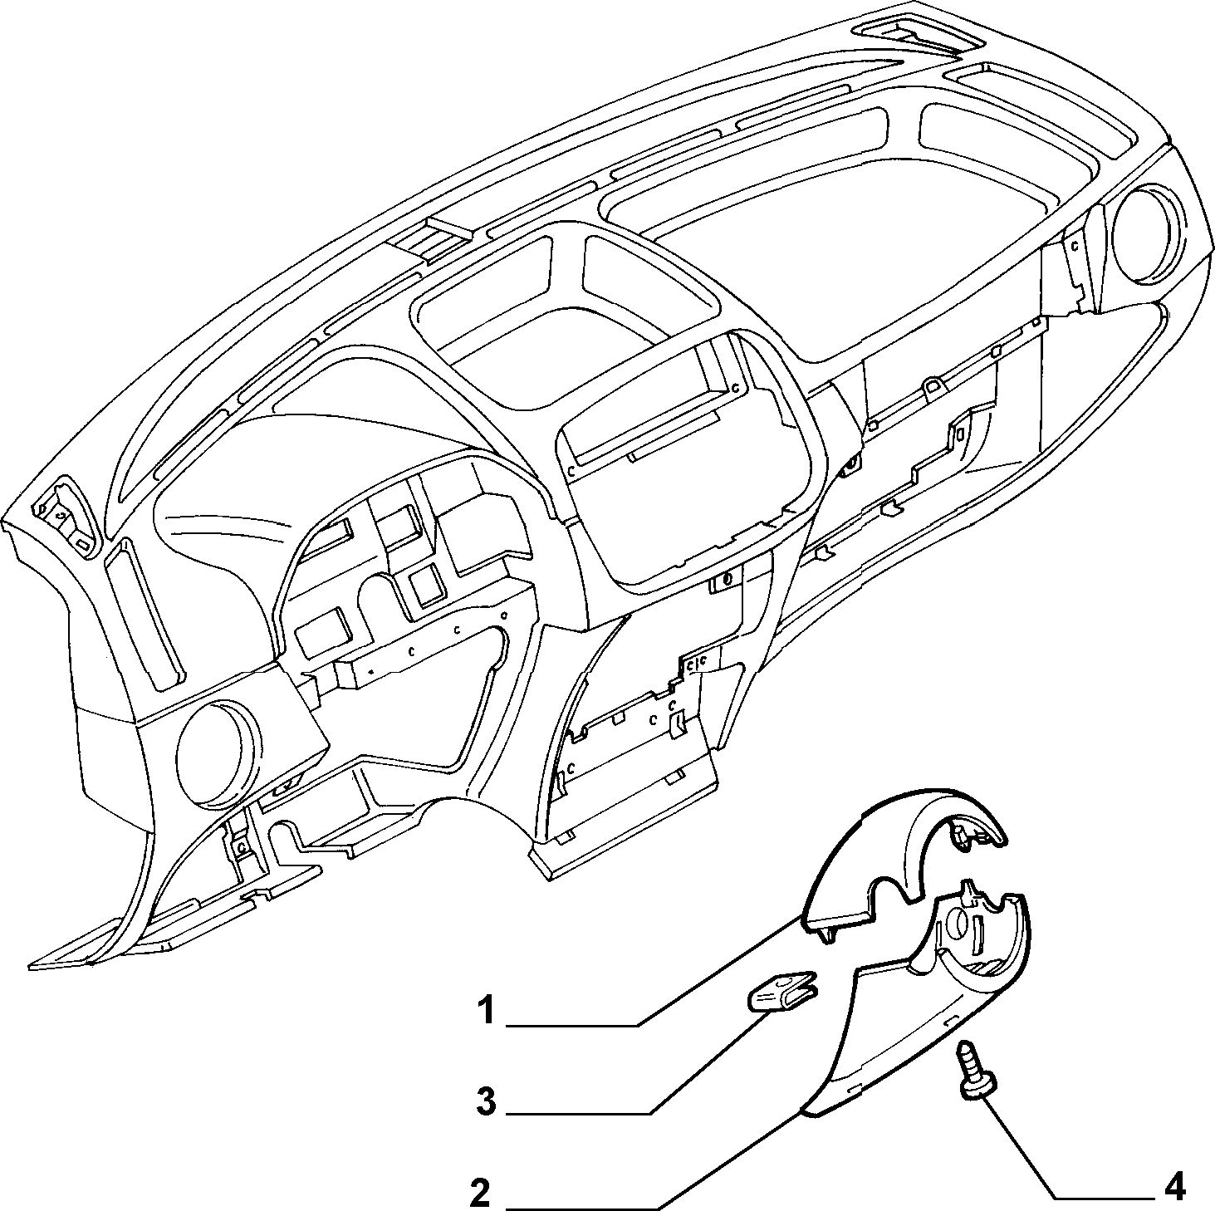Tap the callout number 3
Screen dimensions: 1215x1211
486,1102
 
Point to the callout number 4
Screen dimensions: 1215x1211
1173,1189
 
